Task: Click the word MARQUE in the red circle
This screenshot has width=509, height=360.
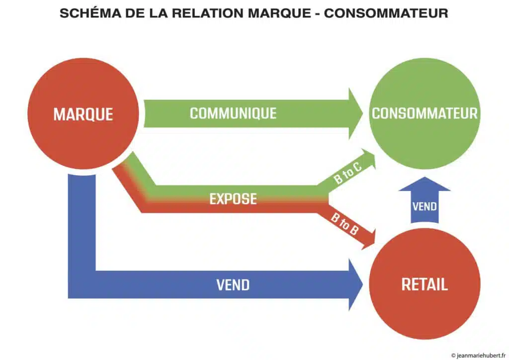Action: pos(84,114)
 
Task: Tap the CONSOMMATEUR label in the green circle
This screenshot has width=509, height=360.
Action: pos(424,113)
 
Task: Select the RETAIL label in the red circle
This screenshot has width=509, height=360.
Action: pos(424,284)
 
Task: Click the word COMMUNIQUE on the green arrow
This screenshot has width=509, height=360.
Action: pos(233,113)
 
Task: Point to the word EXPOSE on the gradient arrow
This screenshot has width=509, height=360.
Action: pos(233,199)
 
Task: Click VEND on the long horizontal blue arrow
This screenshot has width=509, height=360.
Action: pos(233,285)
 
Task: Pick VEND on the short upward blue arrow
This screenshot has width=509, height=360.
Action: pos(424,205)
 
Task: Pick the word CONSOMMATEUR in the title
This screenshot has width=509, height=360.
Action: pos(386,13)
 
